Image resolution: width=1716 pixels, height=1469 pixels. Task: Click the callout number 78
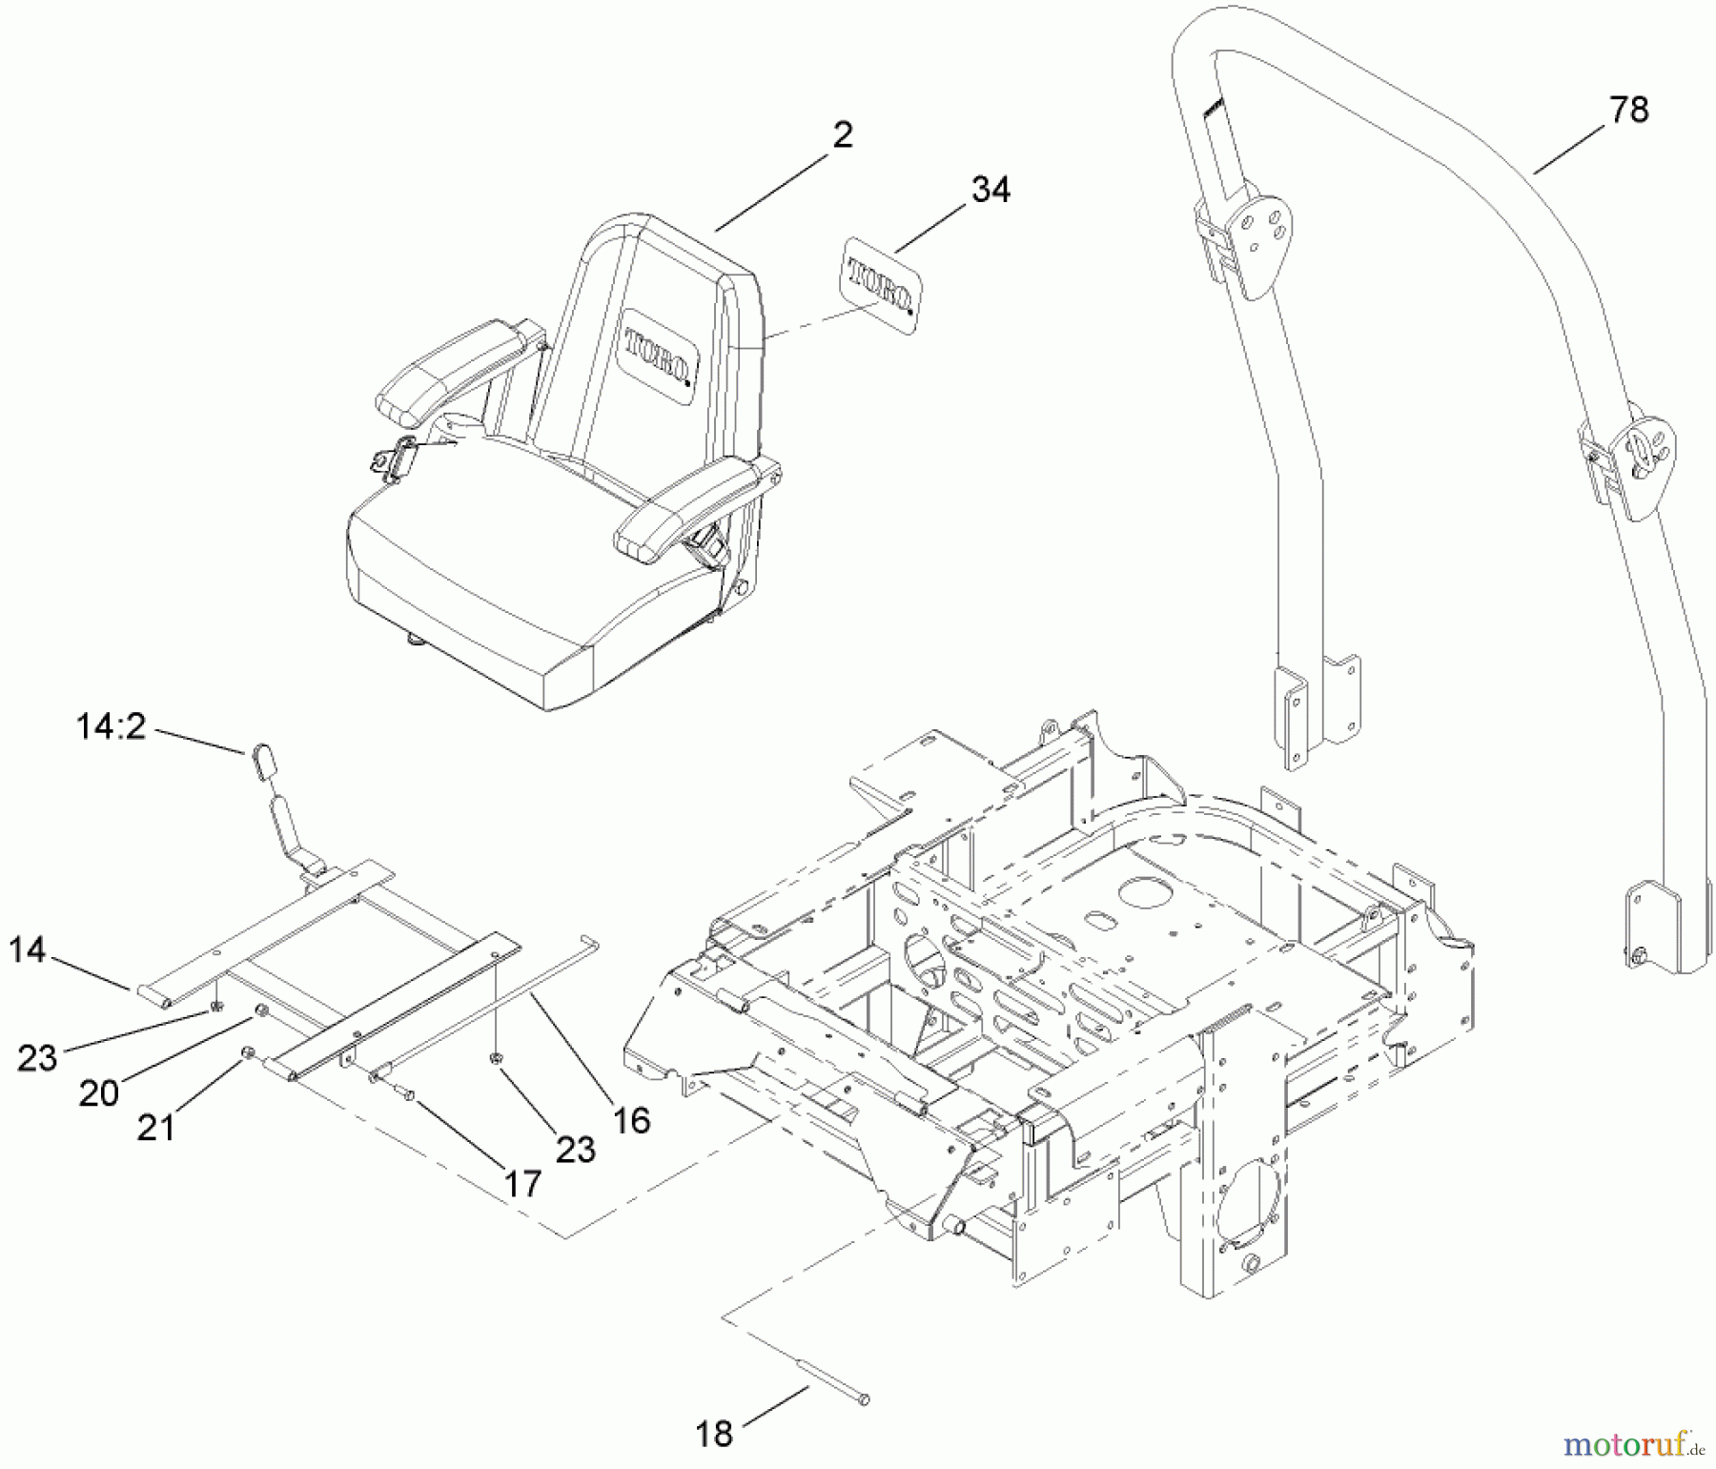coord(1628,110)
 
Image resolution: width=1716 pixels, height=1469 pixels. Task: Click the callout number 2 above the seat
coord(842,134)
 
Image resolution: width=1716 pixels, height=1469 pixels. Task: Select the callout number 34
coord(991,189)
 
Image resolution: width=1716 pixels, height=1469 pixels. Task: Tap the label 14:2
coord(111,727)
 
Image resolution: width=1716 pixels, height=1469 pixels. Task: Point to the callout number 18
coord(714,1433)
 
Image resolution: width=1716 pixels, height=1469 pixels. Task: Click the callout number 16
coord(631,1120)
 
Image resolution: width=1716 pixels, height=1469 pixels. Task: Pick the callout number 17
coord(521,1183)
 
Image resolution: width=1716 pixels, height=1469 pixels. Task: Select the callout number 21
coord(156,1128)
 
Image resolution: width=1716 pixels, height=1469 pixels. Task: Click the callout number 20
coord(99,1092)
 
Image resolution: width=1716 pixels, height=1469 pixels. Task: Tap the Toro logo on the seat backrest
coord(658,358)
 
